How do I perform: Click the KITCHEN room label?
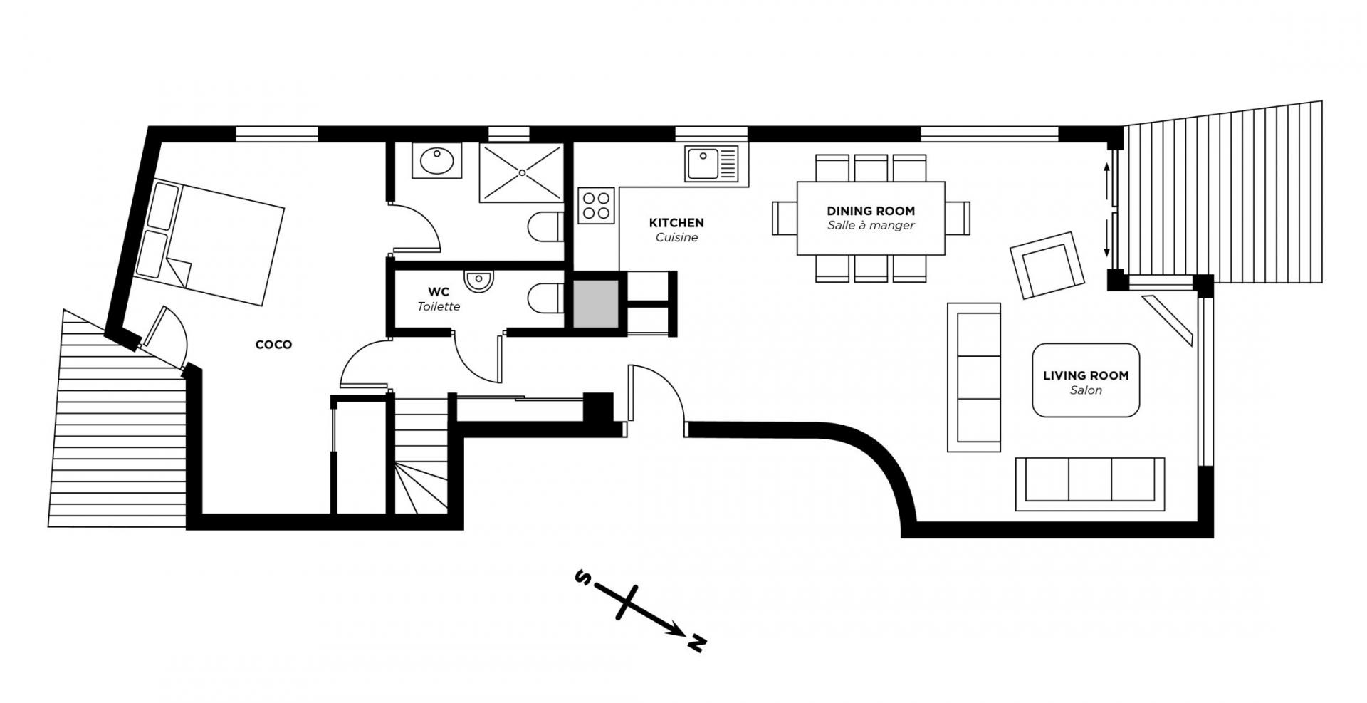[x=676, y=223]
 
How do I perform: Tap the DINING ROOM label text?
[x=871, y=211]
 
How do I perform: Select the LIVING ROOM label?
[x=1086, y=375]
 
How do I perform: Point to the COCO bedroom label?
[x=273, y=345]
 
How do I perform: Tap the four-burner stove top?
[x=596, y=205]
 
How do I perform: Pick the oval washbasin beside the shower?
[x=436, y=160]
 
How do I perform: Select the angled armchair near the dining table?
[x=1046, y=265]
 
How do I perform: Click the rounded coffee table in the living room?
[x=1086, y=380]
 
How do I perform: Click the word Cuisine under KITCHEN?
[x=676, y=237]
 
